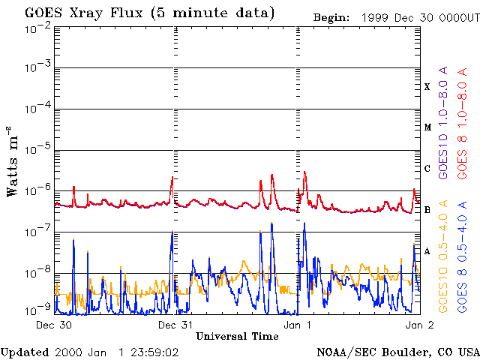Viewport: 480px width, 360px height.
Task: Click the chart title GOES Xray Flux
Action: [83, 13]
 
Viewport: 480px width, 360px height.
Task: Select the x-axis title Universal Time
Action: [237, 337]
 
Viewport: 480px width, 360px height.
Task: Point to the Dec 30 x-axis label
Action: [54, 325]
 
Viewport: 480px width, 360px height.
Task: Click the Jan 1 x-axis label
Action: [297, 325]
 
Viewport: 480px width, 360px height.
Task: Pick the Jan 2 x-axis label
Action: [420, 325]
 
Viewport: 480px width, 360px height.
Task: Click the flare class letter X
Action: [427, 87]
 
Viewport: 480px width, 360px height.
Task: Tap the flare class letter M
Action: [427, 127]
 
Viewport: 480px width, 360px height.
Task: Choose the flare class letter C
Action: [427, 169]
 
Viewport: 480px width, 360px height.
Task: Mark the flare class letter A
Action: [427, 251]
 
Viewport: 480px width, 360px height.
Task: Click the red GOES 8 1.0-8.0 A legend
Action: [462, 123]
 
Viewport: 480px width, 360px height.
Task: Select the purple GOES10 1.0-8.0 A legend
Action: [443, 122]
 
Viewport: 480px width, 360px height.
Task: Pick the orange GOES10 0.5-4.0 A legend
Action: [443, 256]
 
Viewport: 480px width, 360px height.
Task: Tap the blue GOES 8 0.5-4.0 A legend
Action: [462, 256]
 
